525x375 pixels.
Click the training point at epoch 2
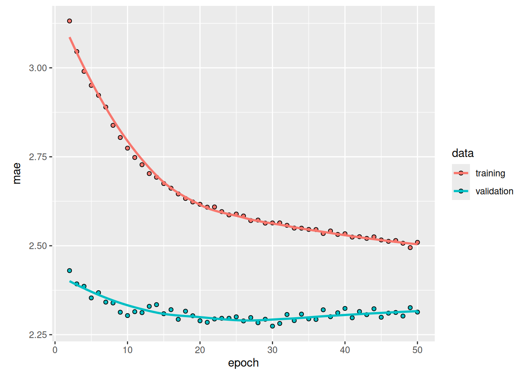70,21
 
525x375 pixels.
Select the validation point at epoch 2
70,271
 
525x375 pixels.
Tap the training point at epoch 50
417,242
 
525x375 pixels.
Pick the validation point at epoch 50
417,312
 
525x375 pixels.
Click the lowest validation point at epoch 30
272,326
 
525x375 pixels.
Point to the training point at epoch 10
127,148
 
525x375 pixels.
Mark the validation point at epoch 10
127,316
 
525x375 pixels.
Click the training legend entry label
490,173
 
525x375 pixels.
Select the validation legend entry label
494,191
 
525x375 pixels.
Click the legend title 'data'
462,153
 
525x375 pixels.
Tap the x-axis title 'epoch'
243,363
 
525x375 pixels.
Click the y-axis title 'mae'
17,173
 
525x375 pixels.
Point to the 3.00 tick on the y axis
38,68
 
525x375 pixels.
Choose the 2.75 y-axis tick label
38,157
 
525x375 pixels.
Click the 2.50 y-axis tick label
38,246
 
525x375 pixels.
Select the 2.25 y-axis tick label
38,335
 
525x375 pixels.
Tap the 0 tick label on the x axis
55,350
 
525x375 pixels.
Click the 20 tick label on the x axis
200,350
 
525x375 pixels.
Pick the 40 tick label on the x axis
345,350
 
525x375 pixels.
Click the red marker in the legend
461,173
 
